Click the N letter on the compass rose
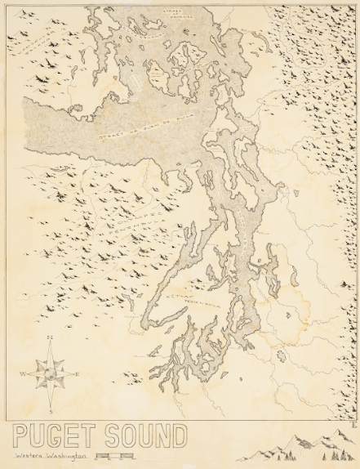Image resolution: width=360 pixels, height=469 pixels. (x=50, y=337)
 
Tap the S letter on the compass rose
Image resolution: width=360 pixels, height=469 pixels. (x=51, y=413)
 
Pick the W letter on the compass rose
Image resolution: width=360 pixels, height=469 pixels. (x=23, y=375)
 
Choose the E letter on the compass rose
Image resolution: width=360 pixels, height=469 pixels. (x=78, y=375)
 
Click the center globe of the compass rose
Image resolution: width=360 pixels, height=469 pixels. (x=50, y=375)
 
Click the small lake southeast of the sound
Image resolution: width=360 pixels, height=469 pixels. (x=282, y=356)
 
